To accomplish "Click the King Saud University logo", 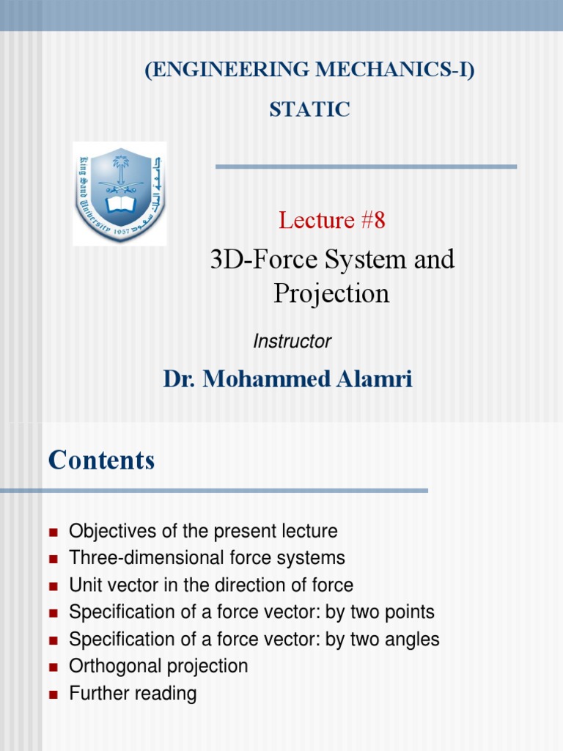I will pyautogui.click(x=119, y=193).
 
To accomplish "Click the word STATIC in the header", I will pyautogui.click(x=309, y=110).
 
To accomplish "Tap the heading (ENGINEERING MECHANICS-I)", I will pyautogui.click(x=309, y=71).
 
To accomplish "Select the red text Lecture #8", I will pyautogui.click(x=331, y=220).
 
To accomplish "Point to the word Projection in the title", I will pyautogui.click(x=331, y=293).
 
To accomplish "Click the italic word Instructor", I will pyautogui.click(x=292, y=341).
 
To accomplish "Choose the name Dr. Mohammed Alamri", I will pyautogui.click(x=287, y=379).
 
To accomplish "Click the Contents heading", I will pyautogui.click(x=101, y=461).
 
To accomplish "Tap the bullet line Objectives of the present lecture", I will pyautogui.click(x=203, y=531).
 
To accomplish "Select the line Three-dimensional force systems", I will pyautogui.click(x=207, y=558).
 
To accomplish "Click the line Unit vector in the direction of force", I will pyautogui.click(x=211, y=585).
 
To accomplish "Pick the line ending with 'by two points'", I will pyautogui.click(x=251, y=612).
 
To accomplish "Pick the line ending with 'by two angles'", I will pyautogui.click(x=254, y=640).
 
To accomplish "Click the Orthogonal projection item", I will pyautogui.click(x=158, y=666).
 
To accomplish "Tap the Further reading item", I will pyautogui.click(x=133, y=693).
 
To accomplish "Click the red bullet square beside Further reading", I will pyautogui.click(x=53, y=694).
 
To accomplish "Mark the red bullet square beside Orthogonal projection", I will pyautogui.click(x=53, y=667).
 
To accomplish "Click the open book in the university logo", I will pyautogui.click(x=119, y=203).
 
